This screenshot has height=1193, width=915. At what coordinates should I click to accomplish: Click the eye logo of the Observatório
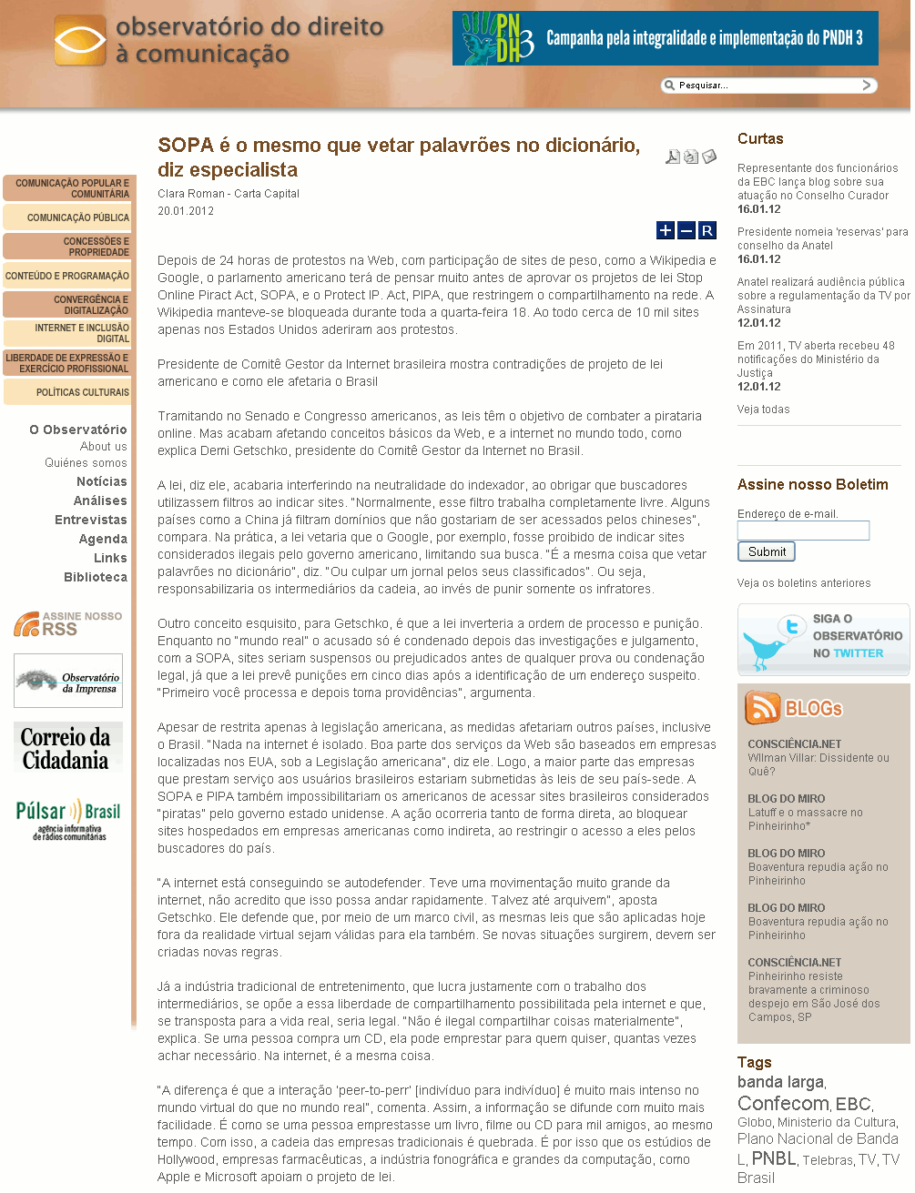80,41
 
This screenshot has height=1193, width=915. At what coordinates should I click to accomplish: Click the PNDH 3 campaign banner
665,38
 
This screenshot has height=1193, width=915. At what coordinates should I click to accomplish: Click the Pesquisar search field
765,86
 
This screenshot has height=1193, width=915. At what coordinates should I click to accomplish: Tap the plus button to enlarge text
666,230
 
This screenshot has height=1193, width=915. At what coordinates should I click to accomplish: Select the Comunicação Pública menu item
69,217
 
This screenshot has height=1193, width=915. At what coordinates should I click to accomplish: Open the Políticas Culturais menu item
69,392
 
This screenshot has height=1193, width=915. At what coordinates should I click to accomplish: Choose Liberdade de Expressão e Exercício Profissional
69,363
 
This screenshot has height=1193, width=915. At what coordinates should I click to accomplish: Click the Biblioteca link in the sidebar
96,577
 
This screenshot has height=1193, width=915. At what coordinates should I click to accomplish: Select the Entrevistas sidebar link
91,520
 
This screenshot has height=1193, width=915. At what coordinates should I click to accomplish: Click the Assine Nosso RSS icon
27,624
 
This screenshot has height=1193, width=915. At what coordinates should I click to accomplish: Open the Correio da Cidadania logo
67,748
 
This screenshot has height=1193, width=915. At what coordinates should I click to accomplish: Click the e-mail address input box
803,531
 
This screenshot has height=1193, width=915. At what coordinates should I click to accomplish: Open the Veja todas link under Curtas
763,409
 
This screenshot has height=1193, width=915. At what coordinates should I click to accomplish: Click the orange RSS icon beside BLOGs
762,707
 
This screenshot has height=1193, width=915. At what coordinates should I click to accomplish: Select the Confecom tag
782,1104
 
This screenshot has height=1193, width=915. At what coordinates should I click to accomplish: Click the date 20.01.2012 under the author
186,211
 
